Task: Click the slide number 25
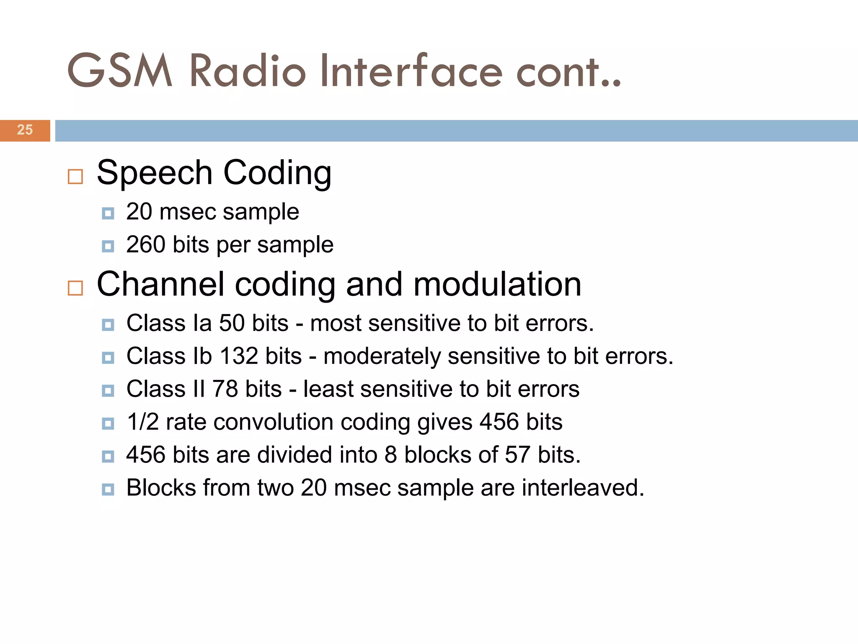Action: (25, 130)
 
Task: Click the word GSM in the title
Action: (120, 71)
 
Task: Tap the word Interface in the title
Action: (411, 71)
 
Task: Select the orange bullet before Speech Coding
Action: (75, 177)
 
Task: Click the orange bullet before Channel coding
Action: (75, 288)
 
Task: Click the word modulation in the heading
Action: (497, 284)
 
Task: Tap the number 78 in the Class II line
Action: (225, 389)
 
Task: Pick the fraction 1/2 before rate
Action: (142, 422)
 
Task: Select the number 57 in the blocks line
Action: (517, 454)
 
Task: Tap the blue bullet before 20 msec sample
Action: (108, 213)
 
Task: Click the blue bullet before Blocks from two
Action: (108, 489)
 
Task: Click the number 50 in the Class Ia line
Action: (232, 323)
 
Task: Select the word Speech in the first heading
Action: (155, 173)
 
